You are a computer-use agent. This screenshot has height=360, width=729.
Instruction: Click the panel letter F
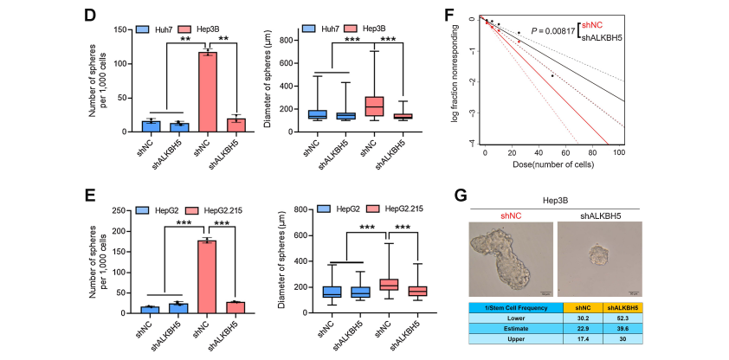click(x=473, y=14)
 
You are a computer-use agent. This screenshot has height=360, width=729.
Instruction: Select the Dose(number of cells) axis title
click(x=552, y=165)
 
